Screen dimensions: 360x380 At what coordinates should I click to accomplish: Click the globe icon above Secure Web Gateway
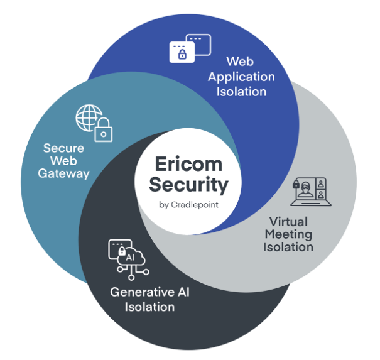pos(88,117)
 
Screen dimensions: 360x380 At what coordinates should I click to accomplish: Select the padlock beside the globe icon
pos(103,131)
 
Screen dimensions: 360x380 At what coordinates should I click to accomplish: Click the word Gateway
pos(63,173)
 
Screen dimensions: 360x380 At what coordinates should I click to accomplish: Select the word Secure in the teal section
pos(63,148)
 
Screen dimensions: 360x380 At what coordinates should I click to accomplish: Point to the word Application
pos(242,77)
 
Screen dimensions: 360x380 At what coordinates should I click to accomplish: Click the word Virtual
pos(288,221)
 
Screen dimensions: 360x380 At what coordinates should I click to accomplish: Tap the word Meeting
pos(288,234)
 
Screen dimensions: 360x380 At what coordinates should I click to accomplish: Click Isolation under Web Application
pos(242,91)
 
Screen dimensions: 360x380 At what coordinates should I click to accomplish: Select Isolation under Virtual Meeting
pos(288,247)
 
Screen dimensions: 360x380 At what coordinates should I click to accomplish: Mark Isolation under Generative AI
pos(149,307)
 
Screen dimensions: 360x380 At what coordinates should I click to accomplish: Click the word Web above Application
pos(242,62)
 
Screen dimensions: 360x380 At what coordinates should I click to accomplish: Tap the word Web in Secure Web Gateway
pos(63,161)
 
